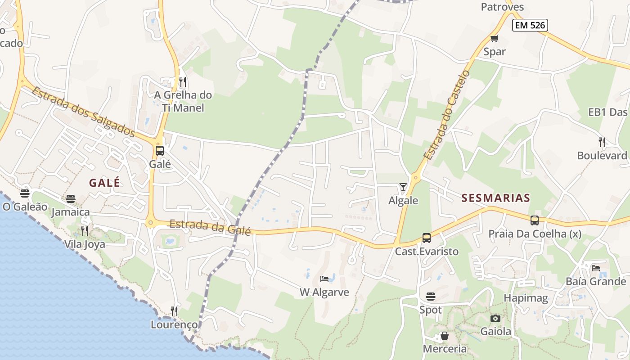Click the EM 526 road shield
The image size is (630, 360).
(x=530, y=25)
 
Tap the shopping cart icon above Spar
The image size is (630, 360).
(x=495, y=38)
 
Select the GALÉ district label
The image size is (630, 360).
(x=104, y=183)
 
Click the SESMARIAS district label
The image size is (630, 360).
(x=495, y=198)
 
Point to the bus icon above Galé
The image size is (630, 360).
(x=160, y=151)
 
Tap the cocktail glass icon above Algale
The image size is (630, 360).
(x=403, y=187)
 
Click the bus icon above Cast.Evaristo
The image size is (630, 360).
(x=426, y=238)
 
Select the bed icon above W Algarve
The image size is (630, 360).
(x=324, y=279)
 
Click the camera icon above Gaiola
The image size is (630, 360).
(x=495, y=318)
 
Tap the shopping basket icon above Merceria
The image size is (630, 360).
(x=444, y=336)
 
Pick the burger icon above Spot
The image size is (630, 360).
(x=431, y=297)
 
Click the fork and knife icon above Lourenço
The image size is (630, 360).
(x=174, y=311)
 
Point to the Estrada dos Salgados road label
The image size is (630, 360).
(x=83, y=112)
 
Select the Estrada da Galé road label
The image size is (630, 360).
(x=210, y=227)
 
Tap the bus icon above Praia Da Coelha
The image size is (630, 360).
(x=535, y=220)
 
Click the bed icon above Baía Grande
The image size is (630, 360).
(x=596, y=268)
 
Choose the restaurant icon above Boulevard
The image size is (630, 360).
(x=602, y=142)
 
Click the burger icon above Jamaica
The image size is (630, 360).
(x=71, y=198)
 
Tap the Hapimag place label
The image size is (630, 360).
(x=526, y=298)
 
